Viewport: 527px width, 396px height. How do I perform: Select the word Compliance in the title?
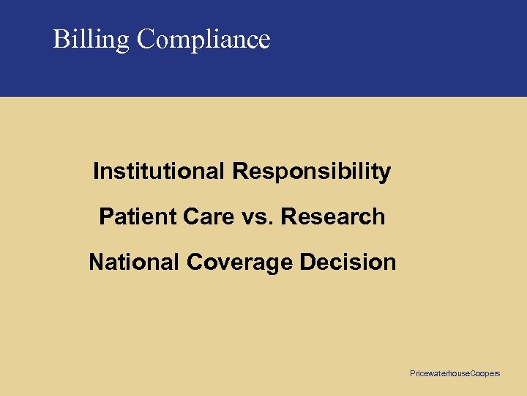pos(203,39)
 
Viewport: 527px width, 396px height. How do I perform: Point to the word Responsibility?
pos(312,172)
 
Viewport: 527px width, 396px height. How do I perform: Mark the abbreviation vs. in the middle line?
pos(255,217)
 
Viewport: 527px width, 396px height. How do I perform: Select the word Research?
pos(333,217)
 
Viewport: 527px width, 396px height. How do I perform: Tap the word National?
pos(134,263)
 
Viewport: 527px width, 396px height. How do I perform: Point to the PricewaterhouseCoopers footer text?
pos(455,374)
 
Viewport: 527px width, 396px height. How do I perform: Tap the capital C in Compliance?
pos(145,39)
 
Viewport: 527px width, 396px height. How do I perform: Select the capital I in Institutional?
pos(96,172)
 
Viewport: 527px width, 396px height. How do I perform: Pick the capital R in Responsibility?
pos(239,172)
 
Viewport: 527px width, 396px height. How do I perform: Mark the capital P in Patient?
pos(105,217)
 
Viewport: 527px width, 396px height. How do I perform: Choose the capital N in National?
pos(96,263)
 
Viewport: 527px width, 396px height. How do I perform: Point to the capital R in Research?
pos(288,217)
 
